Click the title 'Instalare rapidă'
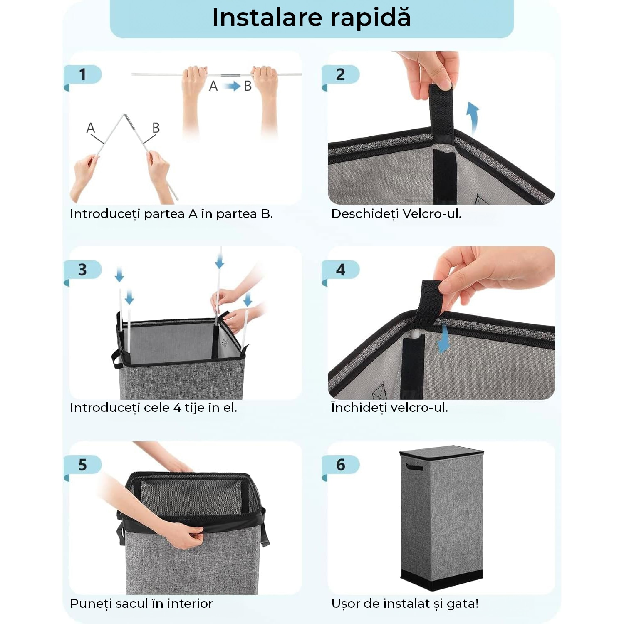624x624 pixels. [311, 18]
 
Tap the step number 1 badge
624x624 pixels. [83, 74]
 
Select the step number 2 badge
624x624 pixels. [340, 74]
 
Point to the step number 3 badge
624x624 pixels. [83, 270]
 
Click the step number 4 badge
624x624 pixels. [340, 270]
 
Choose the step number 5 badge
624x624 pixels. [83, 465]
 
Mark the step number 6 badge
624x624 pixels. [340, 465]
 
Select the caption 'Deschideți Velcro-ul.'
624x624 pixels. [396, 214]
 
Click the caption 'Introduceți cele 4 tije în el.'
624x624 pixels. [154, 408]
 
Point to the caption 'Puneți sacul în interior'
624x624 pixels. [141, 603]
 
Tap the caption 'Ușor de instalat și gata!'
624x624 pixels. [405, 603]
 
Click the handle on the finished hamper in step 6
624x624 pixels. [414, 466]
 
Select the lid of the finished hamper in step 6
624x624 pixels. [441, 451]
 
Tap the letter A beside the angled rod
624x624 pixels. [90, 128]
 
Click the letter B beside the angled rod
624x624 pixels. [156, 128]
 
